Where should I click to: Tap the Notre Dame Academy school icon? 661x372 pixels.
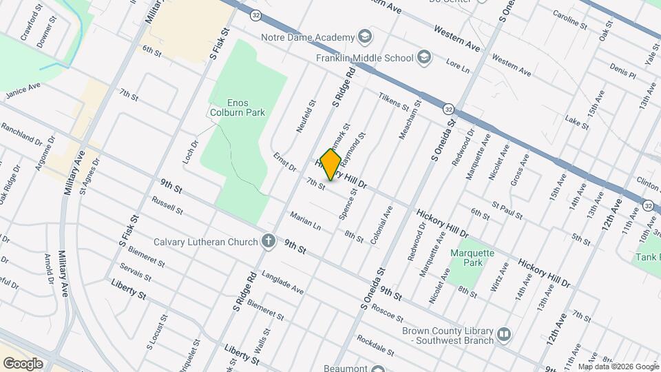[364, 37]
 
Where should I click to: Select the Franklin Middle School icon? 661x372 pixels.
[424, 58]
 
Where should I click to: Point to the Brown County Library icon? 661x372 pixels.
[505, 335]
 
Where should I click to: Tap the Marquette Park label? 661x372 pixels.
[472, 258]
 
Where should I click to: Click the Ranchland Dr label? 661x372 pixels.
[21, 134]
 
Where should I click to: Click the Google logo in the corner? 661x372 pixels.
[23, 363]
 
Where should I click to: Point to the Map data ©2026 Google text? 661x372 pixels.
[618, 366]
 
